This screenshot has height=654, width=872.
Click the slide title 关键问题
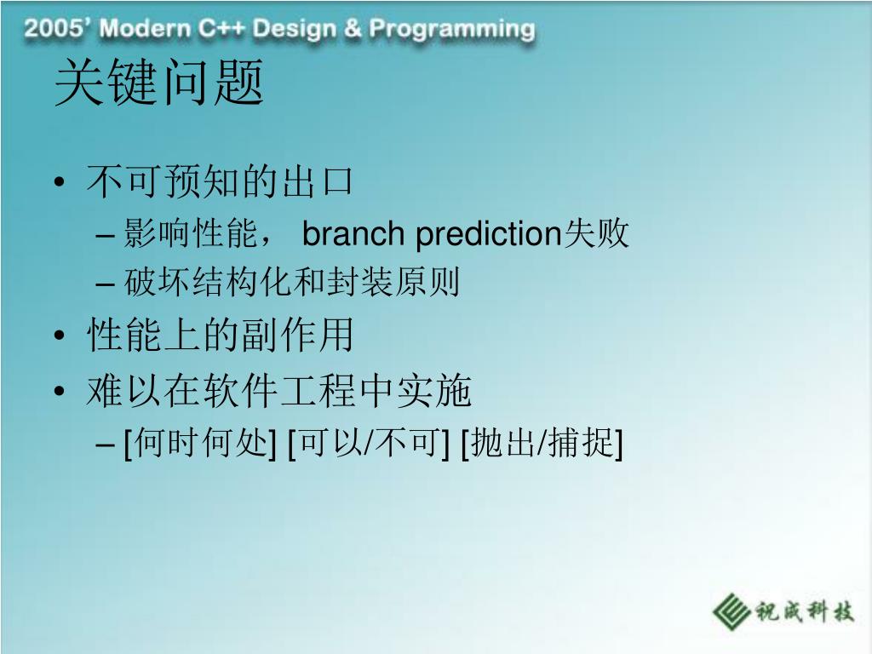[x=159, y=83]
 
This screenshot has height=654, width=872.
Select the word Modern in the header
[x=145, y=28]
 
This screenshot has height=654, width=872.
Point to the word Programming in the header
[x=452, y=30]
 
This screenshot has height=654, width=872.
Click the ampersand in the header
[x=352, y=28]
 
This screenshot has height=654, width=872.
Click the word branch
[x=353, y=233]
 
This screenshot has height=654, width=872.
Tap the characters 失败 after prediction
[x=595, y=233]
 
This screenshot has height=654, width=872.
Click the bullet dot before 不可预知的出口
[x=60, y=182]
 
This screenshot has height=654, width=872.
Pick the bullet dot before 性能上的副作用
[x=60, y=336]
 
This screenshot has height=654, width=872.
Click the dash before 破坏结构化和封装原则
[x=105, y=284]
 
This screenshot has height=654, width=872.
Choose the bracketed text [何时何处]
[x=199, y=444]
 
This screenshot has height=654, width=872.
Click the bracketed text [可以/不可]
[x=368, y=444]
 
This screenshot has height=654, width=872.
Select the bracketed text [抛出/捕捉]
[x=542, y=444]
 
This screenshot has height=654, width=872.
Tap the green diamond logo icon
[x=731, y=611]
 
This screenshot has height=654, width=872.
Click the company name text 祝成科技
[x=804, y=611]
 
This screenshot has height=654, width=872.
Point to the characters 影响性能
[x=190, y=233]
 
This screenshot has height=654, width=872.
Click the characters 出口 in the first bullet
[x=318, y=182]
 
